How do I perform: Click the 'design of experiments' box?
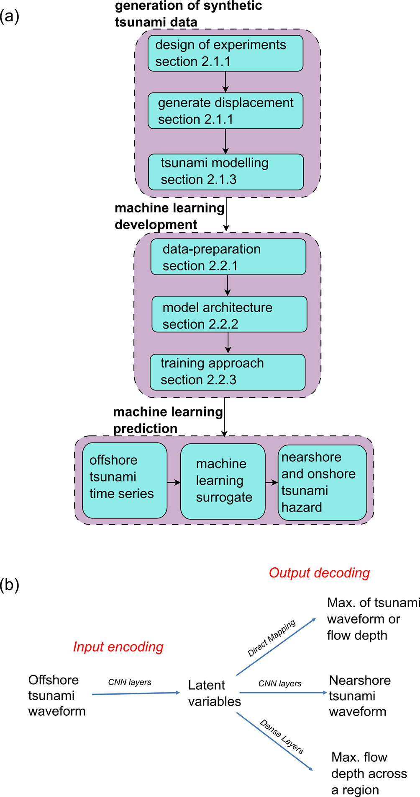pyautogui.click(x=225, y=53)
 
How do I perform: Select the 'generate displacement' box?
pyautogui.click(x=225, y=111)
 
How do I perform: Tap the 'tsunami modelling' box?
pyautogui.click(x=226, y=172)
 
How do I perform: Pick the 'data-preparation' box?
pyautogui.click(x=228, y=257)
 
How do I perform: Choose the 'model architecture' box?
pyautogui.click(x=229, y=314)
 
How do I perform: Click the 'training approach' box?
pyautogui.click(x=228, y=372)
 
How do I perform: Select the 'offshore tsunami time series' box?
pyautogui.click(x=125, y=481)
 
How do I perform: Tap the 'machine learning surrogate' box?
pyautogui.click(x=223, y=481)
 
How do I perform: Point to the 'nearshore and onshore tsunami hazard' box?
pyautogui.click(x=322, y=482)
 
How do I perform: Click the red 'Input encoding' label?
pyautogui.click(x=118, y=647)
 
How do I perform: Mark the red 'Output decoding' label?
pyautogui.click(x=319, y=573)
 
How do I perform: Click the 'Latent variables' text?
pyautogui.click(x=214, y=693)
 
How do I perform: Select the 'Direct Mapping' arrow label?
pyautogui.click(x=271, y=637)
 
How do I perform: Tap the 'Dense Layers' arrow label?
pyautogui.click(x=282, y=736)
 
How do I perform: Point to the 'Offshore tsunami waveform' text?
pyautogui.click(x=57, y=695)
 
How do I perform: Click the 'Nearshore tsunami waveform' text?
pyautogui.click(x=360, y=696)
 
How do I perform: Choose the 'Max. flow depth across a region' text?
pyautogui.click(x=369, y=773)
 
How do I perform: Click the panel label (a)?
pyautogui.click(x=10, y=16)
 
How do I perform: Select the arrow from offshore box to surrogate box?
pyautogui.click(x=174, y=483)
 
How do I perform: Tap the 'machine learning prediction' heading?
pyautogui.click(x=168, y=420)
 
